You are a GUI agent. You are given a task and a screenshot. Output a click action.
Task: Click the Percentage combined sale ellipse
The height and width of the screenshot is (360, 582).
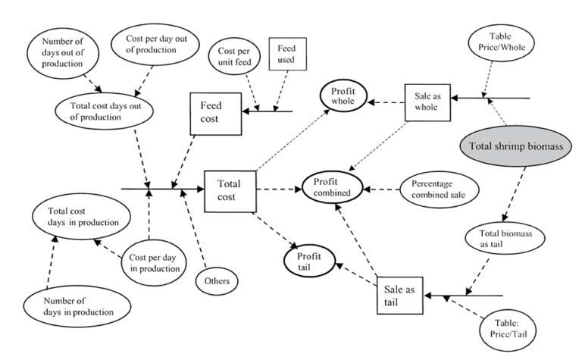click(438, 189)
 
